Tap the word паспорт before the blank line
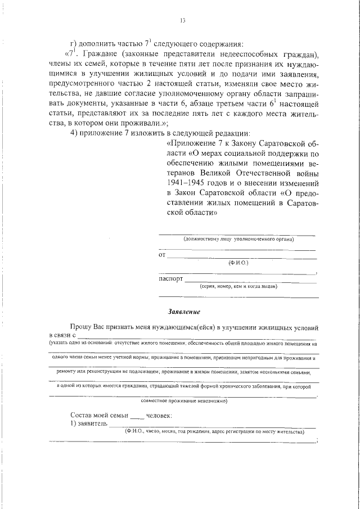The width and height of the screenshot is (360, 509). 170,278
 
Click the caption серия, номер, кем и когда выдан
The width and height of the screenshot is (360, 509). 238,286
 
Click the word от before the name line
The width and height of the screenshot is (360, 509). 163,255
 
